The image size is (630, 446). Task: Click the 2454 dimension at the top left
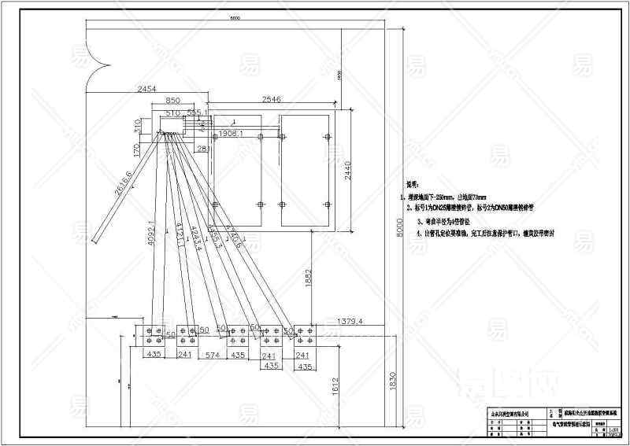149,89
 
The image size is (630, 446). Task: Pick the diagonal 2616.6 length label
122,182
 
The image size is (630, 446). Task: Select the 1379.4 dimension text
349,321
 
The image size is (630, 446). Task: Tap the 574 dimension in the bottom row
209,356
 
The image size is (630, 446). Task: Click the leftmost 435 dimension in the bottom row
155,356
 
